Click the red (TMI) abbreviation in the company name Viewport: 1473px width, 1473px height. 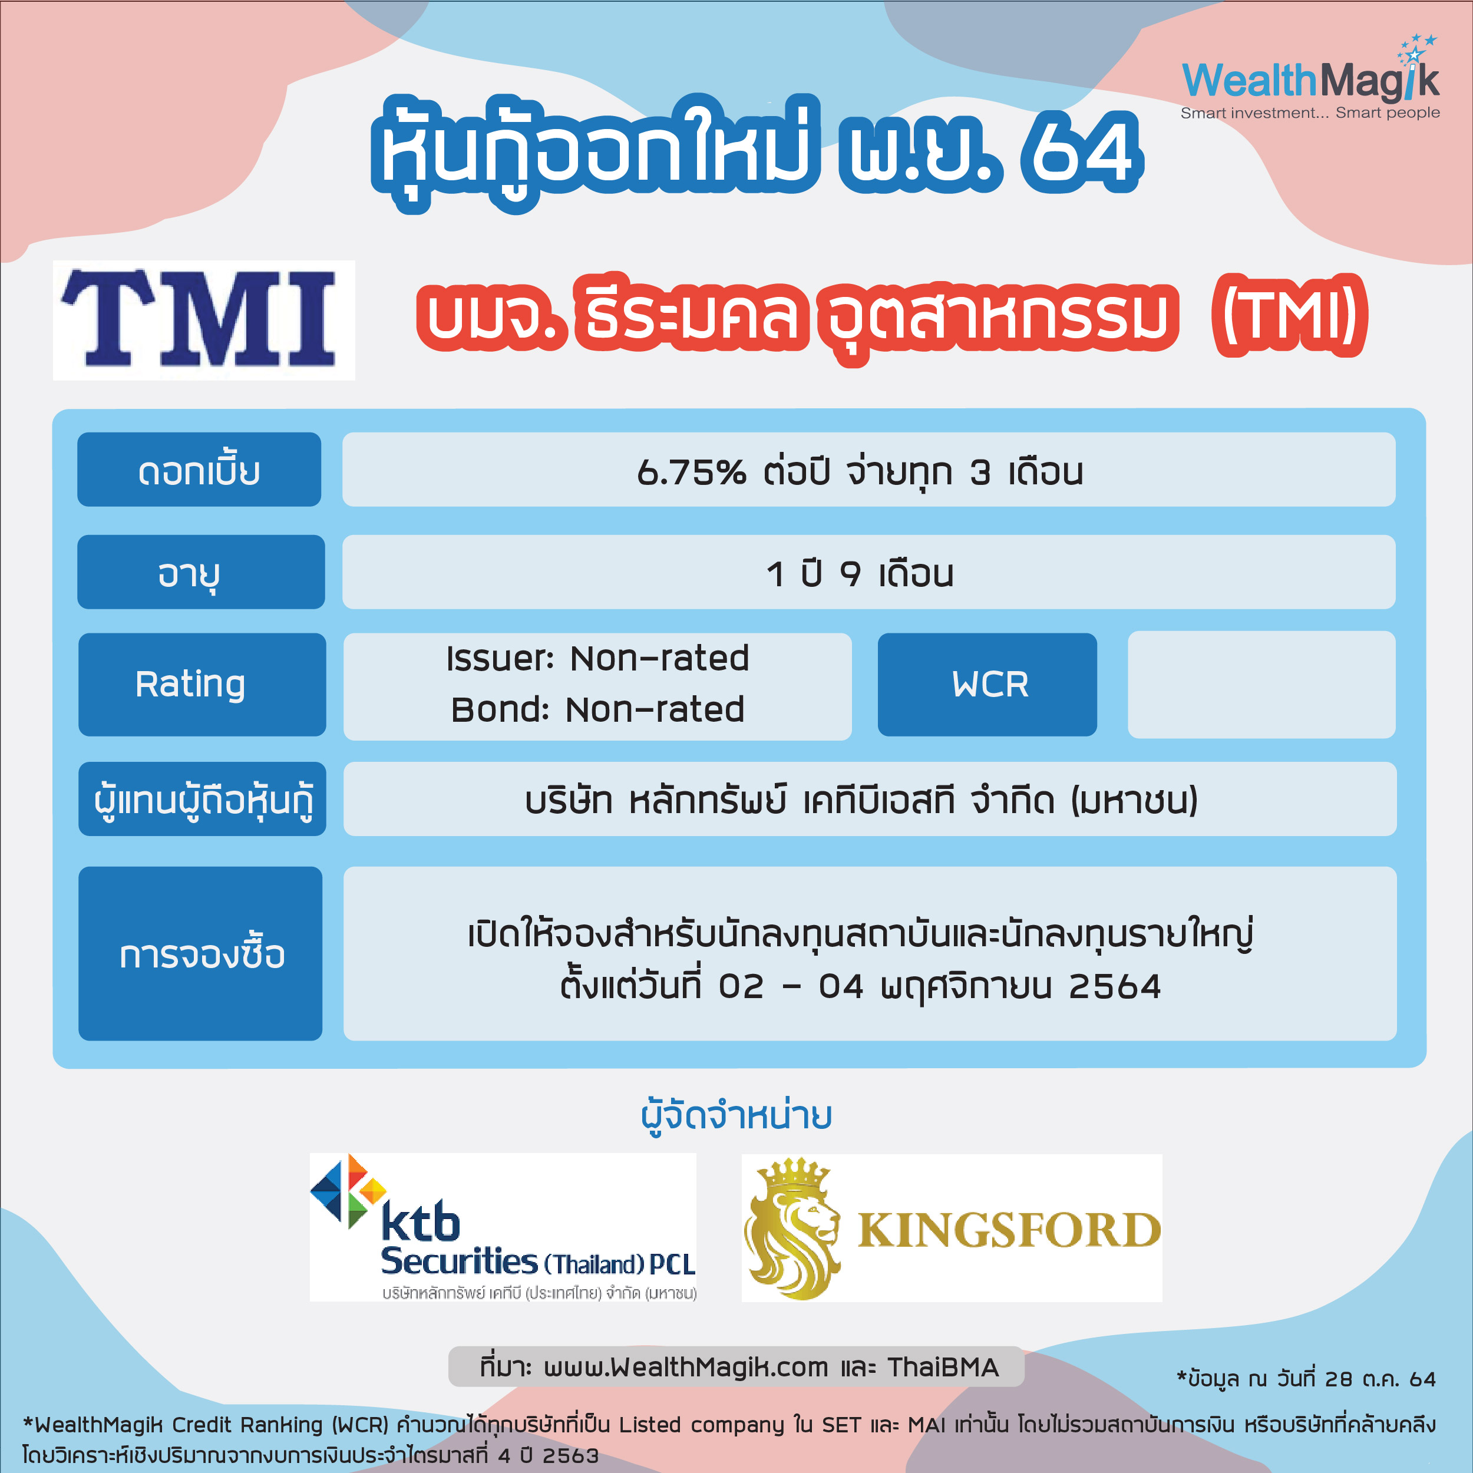coord(1289,315)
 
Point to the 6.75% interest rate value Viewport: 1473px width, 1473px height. coord(691,473)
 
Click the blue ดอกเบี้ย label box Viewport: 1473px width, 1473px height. coord(199,470)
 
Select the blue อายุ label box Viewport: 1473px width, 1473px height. coord(200,572)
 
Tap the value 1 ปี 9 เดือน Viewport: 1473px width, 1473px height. coord(860,573)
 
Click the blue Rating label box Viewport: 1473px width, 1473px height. coord(202,684)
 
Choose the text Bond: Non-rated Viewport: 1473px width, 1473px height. coord(597,709)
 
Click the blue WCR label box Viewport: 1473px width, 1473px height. coord(987,684)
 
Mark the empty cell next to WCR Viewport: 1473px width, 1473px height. coord(1262,684)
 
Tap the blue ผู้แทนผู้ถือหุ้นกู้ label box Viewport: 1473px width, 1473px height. coord(202,799)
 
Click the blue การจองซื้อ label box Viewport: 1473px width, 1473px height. coord(200,953)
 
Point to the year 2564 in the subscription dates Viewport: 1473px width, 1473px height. coord(1115,986)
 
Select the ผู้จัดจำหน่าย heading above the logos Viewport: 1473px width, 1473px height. coord(736,1115)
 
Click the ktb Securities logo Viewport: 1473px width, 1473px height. coord(503,1227)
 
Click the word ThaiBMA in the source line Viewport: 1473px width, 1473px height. coord(942,1368)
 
